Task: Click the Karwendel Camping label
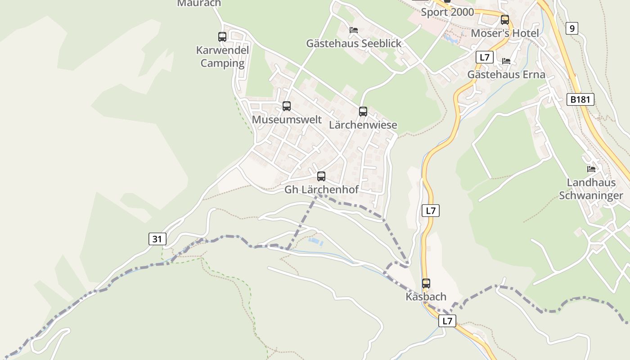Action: (222, 57)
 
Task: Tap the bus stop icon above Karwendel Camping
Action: (222, 37)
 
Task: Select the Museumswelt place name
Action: (287, 120)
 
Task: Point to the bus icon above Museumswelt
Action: (287, 106)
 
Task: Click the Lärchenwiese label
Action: (363, 125)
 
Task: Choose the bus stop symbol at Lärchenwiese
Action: (363, 112)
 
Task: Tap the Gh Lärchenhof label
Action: (321, 190)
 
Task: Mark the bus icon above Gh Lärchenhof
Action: (321, 176)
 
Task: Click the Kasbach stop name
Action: (426, 297)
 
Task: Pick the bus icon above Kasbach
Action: (426, 283)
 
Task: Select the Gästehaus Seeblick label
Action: (354, 44)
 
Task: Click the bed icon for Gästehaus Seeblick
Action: (354, 30)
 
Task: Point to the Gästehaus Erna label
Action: (506, 75)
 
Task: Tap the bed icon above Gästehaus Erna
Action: (506, 61)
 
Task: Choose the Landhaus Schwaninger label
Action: (591, 189)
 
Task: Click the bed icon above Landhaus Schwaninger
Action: (591, 169)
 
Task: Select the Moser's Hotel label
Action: (504, 34)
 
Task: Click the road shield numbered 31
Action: (157, 239)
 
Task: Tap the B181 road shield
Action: (580, 99)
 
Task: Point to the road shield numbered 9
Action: (571, 29)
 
